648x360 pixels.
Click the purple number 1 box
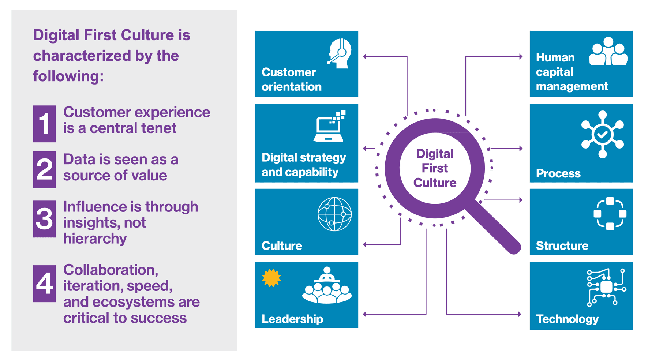[x=44, y=124]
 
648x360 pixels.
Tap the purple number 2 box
[x=44, y=169]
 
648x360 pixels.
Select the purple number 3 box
[x=44, y=219]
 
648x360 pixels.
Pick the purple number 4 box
[x=44, y=284]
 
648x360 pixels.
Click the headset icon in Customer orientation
[x=340, y=53]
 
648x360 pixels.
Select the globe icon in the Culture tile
[x=334, y=214]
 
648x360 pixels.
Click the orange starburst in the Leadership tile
[x=271, y=278]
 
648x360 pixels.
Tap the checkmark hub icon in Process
[x=603, y=134]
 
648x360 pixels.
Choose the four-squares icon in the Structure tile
[x=610, y=214]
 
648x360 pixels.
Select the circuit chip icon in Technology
[x=606, y=287]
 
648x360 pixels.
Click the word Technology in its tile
[x=567, y=319]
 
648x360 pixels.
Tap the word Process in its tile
[x=558, y=173]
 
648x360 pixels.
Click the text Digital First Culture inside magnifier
[x=435, y=168]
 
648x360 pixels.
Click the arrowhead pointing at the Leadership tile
[x=364, y=314]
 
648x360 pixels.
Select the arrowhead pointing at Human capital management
[x=521, y=57]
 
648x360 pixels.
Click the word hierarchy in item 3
[x=95, y=239]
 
